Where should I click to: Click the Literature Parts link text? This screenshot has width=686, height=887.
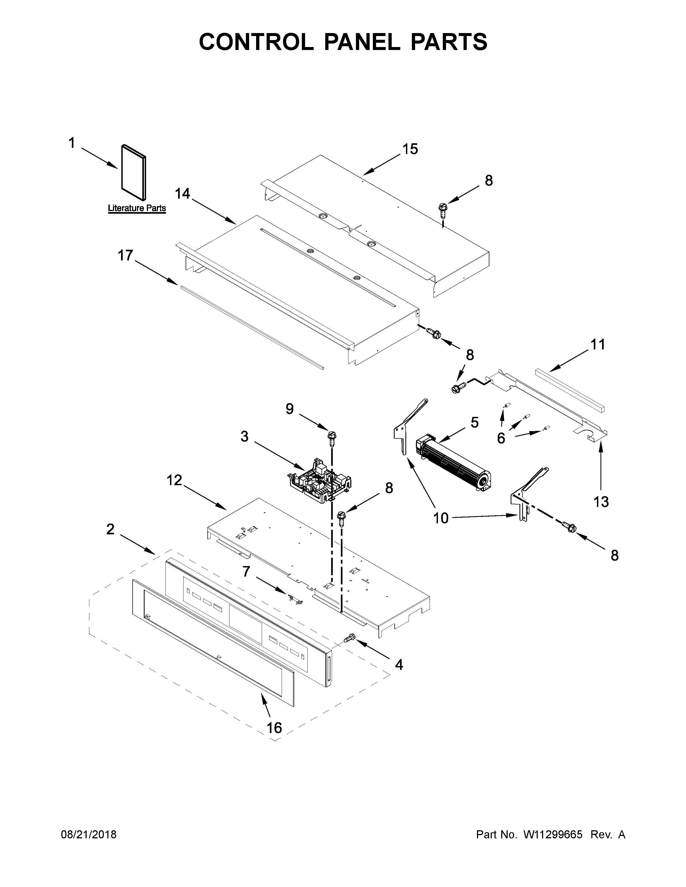[x=137, y=208]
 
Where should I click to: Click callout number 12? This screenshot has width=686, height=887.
[x=174, y=481]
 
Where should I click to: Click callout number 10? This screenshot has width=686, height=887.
[x=441, y=518]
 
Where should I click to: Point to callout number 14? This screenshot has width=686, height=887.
[x=182, y=194]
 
